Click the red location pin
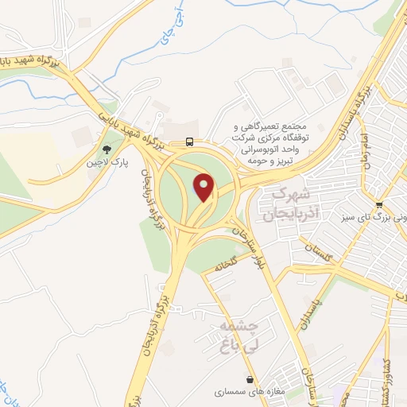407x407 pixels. point(204,188)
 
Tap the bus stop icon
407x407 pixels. point(189,142)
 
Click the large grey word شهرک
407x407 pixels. point(289,193)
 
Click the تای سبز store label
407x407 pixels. point(377,215)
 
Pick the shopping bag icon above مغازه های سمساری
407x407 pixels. point(251,380)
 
